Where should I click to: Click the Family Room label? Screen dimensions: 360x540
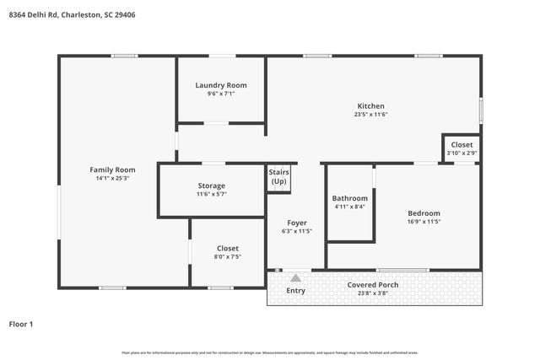(113, 169)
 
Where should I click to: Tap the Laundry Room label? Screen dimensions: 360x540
(220, 85)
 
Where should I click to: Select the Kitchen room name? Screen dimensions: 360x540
(370, 106)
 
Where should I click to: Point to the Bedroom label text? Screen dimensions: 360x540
(423, 213)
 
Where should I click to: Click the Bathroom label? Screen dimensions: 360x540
(349, 198)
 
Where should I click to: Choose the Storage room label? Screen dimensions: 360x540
(211, 185)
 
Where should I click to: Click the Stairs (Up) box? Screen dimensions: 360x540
(278, 177)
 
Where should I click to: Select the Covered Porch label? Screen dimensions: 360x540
(373, 285)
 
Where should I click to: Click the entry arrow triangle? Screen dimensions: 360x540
(295, 277)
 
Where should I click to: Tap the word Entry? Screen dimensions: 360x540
(295, 291)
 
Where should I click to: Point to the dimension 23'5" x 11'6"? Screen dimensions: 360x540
(370, 115)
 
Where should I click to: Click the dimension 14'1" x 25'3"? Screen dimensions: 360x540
(113, 178)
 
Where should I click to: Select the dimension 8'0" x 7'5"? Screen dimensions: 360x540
(227, 257)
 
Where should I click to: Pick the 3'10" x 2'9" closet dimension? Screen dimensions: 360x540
(462, 153)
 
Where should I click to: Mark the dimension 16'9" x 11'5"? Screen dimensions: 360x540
(423, 222)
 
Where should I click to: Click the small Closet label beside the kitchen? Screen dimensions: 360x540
(462, 144)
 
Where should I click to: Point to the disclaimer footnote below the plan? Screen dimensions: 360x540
(269, 352)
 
